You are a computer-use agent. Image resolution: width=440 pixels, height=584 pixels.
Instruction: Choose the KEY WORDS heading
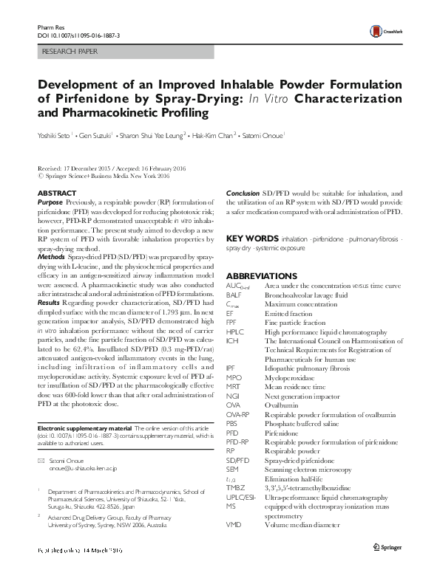coord(251,240)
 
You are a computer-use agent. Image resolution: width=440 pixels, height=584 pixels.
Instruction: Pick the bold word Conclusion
coord(243,193)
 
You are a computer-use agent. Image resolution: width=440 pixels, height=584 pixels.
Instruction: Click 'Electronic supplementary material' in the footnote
coord(84,429)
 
